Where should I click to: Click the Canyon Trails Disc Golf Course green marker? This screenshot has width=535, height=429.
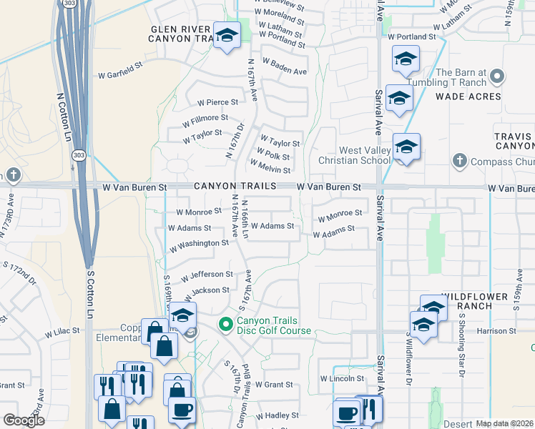(x=227, y=325)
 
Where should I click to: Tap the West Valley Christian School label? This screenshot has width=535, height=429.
(x=355, y=155)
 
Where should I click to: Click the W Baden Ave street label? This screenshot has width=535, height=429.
(x=284, y=71)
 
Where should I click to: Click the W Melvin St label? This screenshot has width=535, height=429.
(x=270, y=169)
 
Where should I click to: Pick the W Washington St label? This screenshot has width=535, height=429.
(x=198, y=243)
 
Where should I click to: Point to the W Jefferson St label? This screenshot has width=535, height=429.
(x=207, y=275)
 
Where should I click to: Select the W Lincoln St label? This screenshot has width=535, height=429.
(x=343, y=378)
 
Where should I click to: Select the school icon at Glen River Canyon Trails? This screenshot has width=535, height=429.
(x=227, y=35)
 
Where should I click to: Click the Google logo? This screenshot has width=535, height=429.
(x=24, y=420)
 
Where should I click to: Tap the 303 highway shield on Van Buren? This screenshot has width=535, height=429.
(x=77, y=154)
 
